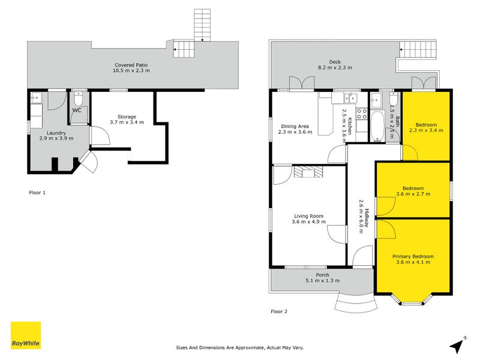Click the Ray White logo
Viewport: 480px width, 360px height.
(26, 335)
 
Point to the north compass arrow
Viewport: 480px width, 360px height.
(457, 346)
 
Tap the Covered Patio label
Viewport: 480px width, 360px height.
(131, 65)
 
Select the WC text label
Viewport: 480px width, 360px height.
(77, 110)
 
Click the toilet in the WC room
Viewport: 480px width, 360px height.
(79, 98)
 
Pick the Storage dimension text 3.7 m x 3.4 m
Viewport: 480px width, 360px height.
(127, 122)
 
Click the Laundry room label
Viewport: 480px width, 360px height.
(56, 133)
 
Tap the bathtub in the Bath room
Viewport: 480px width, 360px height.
(377, 127)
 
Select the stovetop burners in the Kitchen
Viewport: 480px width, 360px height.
(362, 114)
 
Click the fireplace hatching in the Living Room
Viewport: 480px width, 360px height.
(308, 172)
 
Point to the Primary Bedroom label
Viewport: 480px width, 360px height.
(413, 257)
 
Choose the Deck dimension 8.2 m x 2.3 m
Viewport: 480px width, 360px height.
(335, 67)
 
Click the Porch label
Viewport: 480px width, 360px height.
(323, 275)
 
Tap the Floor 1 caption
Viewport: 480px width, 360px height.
(37, 193)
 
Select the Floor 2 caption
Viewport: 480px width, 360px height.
(279, 311)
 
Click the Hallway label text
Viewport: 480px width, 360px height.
(367, 218)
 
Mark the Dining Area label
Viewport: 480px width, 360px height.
(295, 126)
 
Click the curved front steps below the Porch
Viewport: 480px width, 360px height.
(356, 303)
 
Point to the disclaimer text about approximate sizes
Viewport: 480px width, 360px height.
(239, 347)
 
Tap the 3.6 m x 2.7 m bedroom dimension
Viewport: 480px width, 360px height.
(413, 194)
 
